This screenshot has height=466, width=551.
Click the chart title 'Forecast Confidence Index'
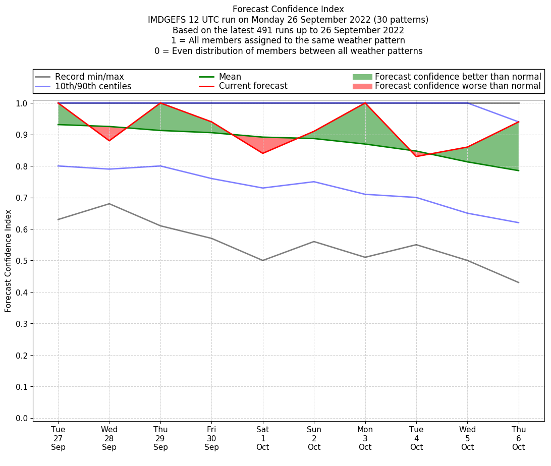288,9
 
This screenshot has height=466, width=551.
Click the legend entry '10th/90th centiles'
93,86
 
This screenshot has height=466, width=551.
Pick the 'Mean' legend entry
230,77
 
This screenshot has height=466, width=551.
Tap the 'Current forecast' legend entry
253,86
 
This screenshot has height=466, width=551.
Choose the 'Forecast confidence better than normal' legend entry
458,77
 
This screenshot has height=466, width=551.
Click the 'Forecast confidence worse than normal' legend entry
458,86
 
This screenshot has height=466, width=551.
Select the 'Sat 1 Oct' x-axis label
263,438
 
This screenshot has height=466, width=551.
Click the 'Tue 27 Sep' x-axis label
58,438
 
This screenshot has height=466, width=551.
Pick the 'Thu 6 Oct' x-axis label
519,438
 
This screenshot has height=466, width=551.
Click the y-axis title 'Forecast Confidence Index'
8,261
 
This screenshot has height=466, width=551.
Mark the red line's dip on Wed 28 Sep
109,141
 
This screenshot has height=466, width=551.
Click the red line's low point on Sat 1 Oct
263,153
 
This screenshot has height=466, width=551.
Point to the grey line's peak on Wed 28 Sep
109,204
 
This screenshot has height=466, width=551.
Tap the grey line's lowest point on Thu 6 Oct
519,282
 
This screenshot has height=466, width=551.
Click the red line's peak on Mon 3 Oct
365,103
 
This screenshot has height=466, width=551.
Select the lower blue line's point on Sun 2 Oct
314,182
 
